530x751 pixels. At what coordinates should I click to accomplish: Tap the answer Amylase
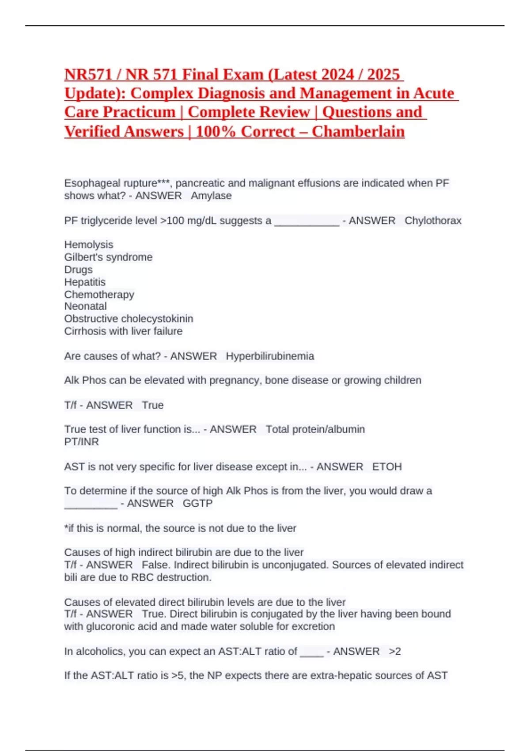211,196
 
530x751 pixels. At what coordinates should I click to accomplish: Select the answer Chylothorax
433,220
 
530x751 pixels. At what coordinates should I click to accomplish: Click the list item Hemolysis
89,245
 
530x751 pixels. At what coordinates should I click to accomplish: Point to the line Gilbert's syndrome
108,257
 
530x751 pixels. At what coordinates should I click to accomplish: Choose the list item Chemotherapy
99,294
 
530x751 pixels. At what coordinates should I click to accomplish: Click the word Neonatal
85,306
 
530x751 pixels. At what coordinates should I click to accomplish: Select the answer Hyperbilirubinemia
270,356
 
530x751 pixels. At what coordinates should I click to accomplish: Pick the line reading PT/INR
81,442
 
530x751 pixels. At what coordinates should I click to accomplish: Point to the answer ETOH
387,467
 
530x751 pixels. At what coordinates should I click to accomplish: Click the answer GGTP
197,503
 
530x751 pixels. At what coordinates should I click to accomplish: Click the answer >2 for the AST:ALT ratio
395,652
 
